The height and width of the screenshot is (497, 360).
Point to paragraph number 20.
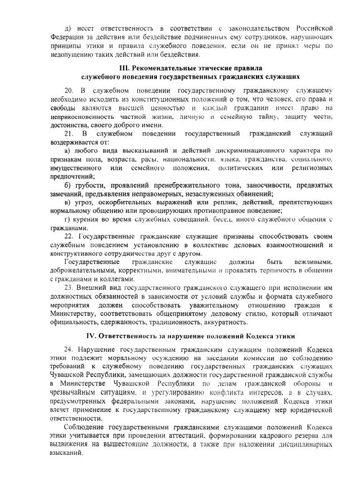pos(69,91)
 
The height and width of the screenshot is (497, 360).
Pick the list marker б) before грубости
pos(68,186)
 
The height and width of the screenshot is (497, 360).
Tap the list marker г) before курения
pos(67,218)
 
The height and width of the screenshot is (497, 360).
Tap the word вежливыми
pos(314,262)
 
